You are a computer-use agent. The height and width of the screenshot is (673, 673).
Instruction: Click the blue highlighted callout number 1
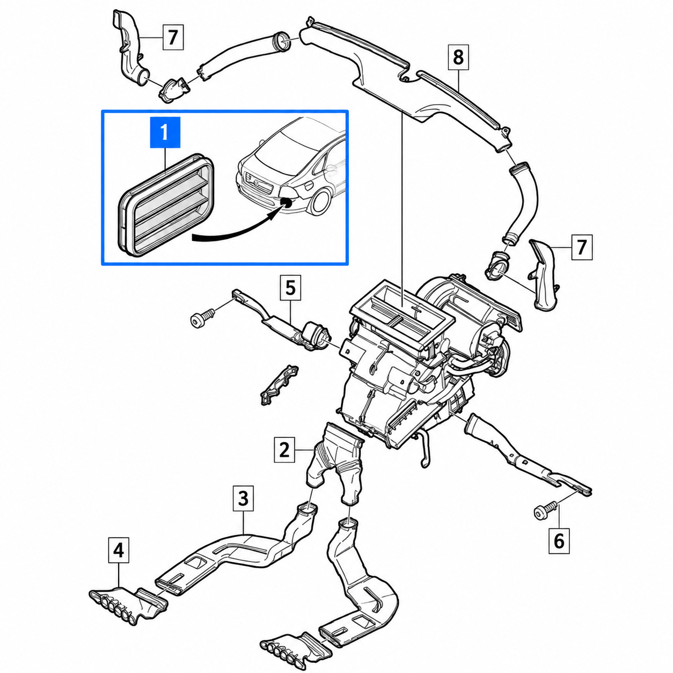tap(165, 133)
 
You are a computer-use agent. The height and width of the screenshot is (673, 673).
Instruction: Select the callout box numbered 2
tap(284, 450)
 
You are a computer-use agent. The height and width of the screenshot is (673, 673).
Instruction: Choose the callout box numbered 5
tap(290, 288)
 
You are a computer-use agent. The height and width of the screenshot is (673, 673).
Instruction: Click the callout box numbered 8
tap(458, 57)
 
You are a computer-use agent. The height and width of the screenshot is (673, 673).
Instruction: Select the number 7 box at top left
tap(173, 38)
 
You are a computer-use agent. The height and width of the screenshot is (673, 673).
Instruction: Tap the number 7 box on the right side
tap(582, 247)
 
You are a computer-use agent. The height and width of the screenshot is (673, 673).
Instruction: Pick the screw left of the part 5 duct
tap(202, 317)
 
